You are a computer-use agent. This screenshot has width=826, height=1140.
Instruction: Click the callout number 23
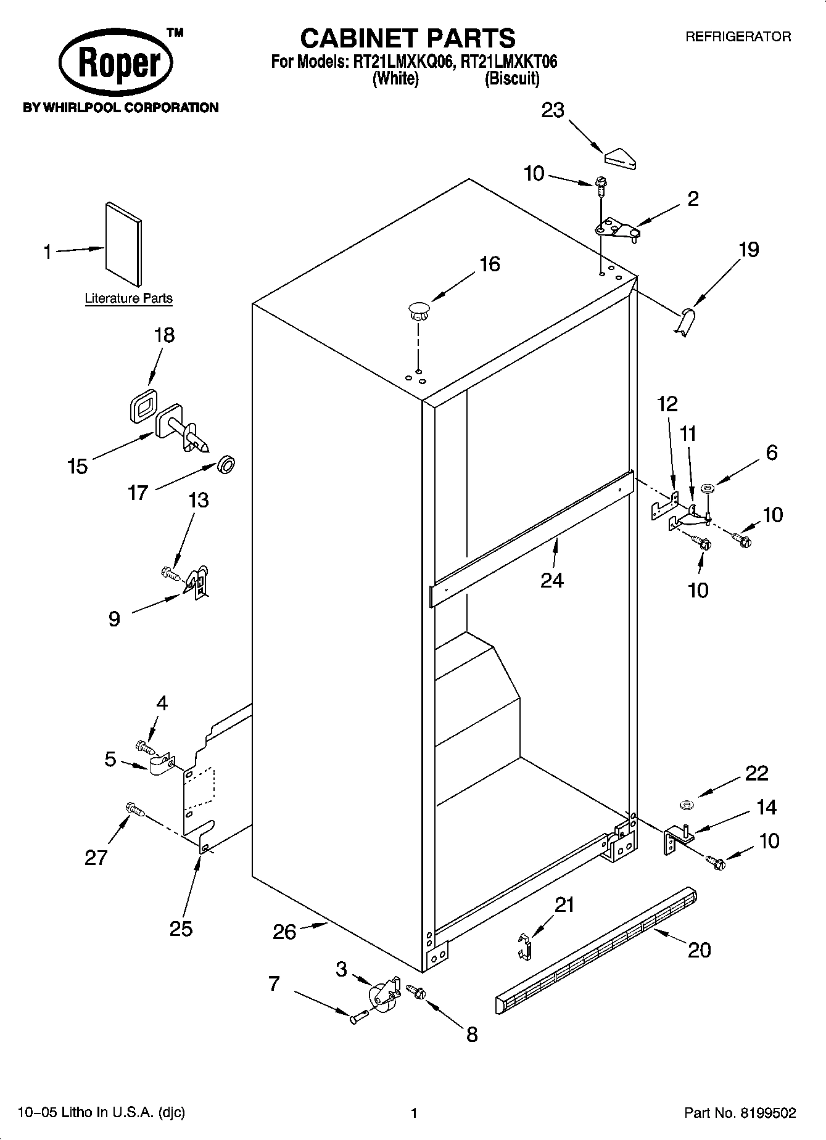coord(553,110)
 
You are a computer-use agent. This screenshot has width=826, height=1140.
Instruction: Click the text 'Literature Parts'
coord(128,298)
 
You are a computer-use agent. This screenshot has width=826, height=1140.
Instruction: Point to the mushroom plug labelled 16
coord(418,310)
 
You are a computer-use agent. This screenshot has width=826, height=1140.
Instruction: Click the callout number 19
coord(748,250)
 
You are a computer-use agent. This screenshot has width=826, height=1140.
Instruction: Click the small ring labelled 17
coord(226,464)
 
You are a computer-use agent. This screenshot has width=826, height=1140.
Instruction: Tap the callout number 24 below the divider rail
coord(551,580)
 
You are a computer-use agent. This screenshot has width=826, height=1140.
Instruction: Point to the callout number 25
coord(181,928)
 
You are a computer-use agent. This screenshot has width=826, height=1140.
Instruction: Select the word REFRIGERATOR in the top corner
coord(738,37)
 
